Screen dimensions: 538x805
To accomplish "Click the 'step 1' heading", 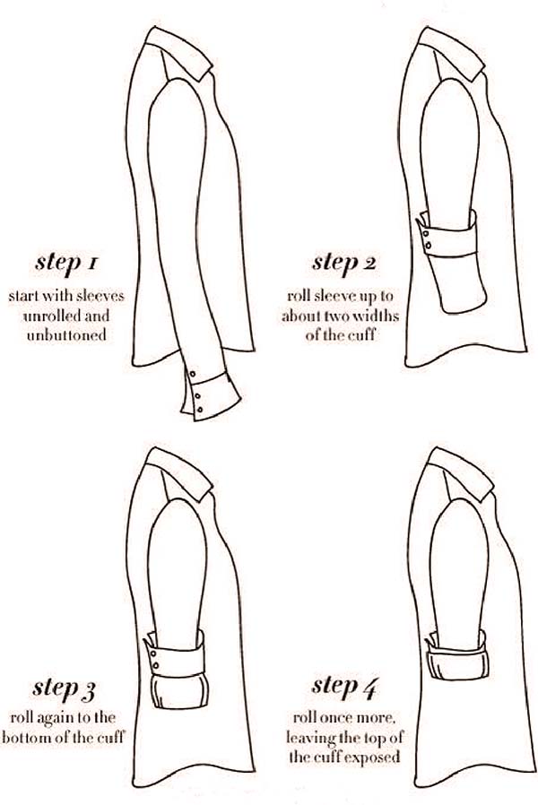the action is click(66, 263).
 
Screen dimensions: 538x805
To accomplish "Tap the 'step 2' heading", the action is click(344, 263).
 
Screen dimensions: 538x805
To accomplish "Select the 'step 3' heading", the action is click(65, 688).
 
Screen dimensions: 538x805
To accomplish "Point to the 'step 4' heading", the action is click(344, 687).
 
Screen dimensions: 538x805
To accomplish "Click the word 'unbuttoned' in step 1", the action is click(66, 335).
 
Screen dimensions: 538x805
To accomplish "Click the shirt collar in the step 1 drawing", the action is click(179, 51).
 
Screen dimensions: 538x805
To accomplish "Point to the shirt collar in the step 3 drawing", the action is click(179, 472).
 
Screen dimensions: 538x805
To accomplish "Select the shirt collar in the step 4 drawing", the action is click(461, 472).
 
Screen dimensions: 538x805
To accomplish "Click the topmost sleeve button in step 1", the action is click(193, 373).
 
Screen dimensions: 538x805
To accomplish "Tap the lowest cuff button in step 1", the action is click(200, 409).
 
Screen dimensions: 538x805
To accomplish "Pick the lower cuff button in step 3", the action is click(155, 666).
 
